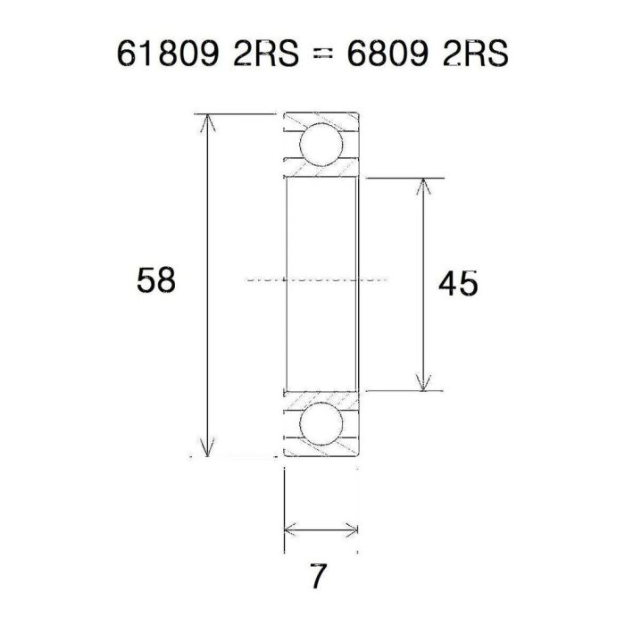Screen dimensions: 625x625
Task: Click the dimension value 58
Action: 156,281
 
